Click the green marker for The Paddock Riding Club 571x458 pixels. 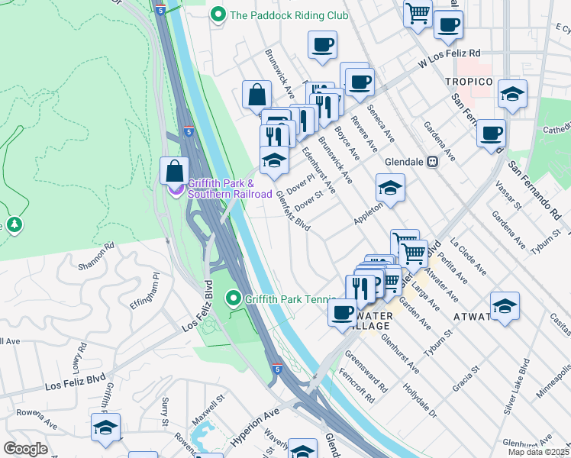[x=219, y=15]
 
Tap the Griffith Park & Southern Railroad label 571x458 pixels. [x=230, y=189]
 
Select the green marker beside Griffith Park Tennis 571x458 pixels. [x=234, y=298]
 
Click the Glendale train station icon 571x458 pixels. [x=431, y=162]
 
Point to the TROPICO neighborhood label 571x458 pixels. [x=469, y=82]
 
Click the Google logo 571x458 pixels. [x=25, y=448]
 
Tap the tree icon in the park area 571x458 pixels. [x=13, y=224]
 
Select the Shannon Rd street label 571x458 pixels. [x=96, y=256]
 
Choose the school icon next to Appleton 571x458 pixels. [x=389, y=188]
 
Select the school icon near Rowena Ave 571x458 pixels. [x=105, y=427]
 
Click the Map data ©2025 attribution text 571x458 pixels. [x=540, y=452]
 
